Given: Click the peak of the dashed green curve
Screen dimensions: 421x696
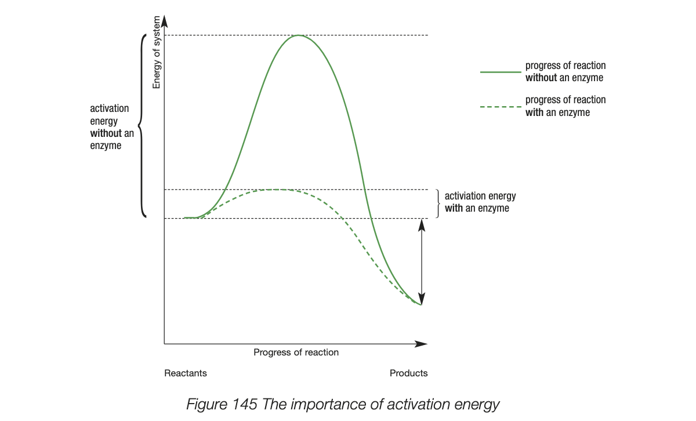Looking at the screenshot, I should click(277, 190).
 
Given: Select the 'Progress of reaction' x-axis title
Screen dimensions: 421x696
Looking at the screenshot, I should click(296, 352).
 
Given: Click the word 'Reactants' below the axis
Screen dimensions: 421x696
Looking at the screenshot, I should click(186, 373).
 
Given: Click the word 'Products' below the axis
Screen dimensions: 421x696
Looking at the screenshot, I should click(408, 373).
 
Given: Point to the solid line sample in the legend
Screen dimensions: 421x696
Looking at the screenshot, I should click(501, 72).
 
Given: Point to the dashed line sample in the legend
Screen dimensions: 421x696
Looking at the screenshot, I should click(501, 107).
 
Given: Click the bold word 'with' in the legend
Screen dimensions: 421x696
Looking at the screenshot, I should click(534, 112).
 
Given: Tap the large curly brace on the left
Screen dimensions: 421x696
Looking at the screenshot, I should click(142, 125).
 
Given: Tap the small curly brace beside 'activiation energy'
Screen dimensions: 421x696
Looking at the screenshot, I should click(438, 203).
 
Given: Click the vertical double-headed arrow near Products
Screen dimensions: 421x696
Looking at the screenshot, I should click(422, 262).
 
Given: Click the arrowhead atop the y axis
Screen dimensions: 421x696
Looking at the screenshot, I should click(164, 21).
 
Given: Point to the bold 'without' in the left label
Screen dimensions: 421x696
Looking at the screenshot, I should click(106, 133).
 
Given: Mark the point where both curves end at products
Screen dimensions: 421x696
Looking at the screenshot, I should click(421, 304).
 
